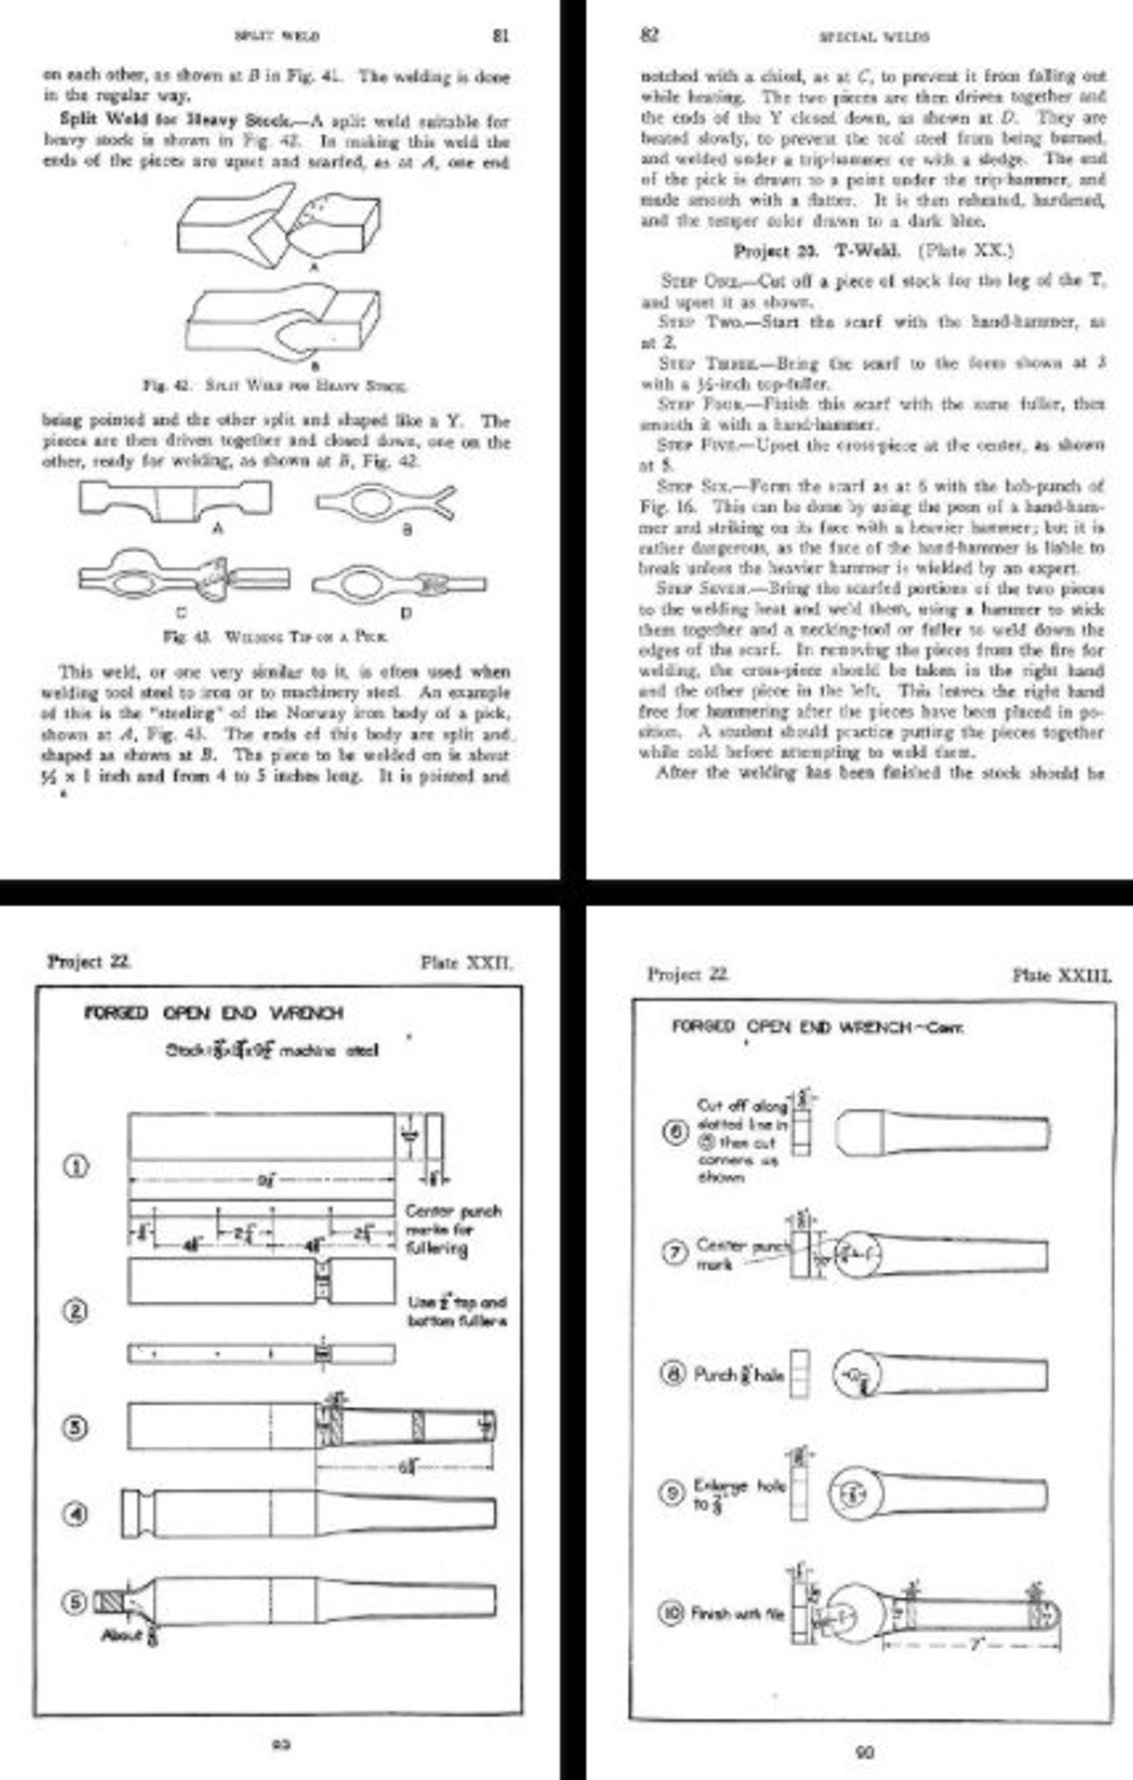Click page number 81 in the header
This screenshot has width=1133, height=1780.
point(501,36)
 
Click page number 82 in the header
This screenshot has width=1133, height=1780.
point(649,36)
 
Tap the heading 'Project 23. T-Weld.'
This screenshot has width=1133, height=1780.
point(803,250)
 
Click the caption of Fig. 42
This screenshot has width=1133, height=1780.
point(275,385)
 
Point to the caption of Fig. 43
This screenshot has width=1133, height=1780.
point(275,636)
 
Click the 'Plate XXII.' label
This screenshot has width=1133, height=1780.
point(467,962)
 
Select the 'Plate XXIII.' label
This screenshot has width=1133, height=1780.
point(1060,975)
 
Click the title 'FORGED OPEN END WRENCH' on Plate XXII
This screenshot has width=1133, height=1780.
point(214,1013)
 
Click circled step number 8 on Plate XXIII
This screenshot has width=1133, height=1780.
point(673,1375)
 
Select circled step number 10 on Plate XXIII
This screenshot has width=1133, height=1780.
point(673,1612)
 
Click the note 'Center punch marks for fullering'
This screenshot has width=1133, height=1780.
point(453,1229)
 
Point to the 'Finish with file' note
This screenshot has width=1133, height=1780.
point(736,1614)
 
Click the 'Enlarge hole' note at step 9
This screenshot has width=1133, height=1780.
point(739,1494)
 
